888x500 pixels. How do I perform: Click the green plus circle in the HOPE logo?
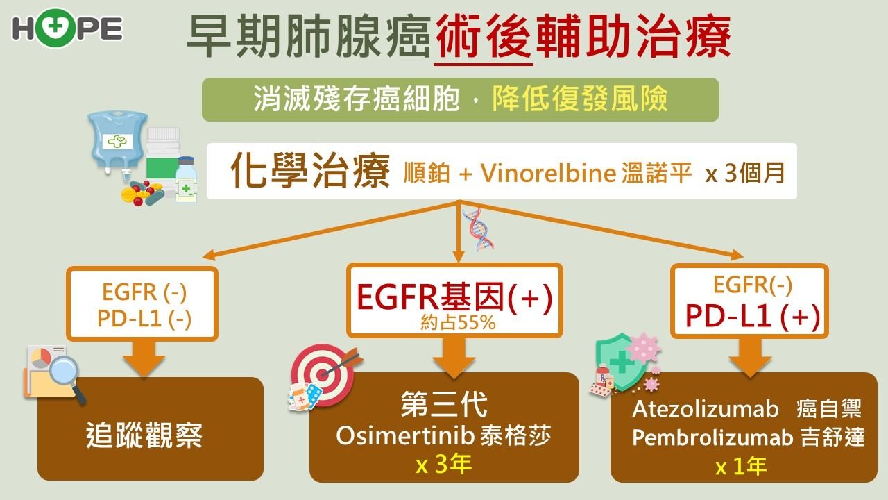58,28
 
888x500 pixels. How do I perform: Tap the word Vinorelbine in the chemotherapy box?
549,173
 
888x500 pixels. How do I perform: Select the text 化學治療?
310,171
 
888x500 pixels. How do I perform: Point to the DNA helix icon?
479,230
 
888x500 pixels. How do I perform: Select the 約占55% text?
459,323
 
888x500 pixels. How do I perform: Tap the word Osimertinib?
405,435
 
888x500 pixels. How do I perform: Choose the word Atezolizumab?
706,409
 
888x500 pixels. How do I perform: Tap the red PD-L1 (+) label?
753,317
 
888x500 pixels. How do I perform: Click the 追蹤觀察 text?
144,435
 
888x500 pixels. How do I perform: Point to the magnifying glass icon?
67,377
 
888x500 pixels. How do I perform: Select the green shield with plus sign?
618,362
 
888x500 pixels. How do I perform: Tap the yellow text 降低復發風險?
579,99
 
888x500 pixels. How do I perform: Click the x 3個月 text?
745,173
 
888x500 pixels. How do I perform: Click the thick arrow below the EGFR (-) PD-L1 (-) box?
144,358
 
